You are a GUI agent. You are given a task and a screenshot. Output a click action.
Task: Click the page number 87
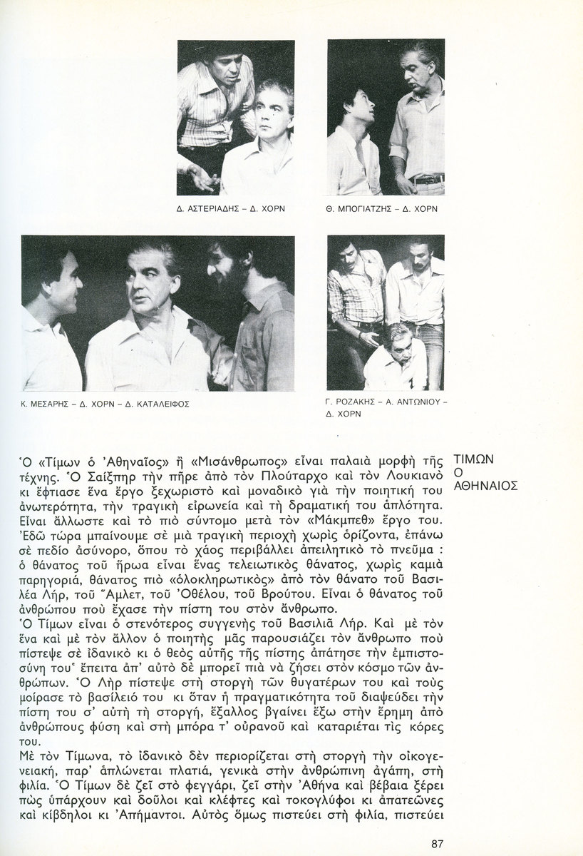(438, 844)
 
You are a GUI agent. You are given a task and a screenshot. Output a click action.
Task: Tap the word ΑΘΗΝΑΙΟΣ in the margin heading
(486, 486)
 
